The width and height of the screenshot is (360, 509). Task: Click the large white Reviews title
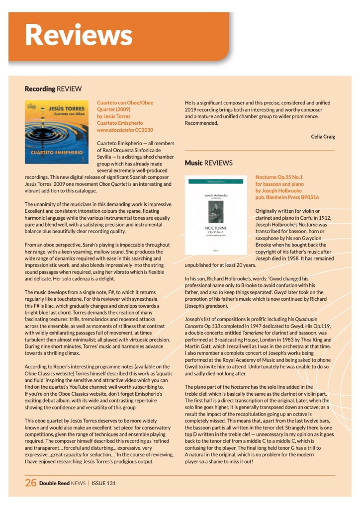tap(79, 34)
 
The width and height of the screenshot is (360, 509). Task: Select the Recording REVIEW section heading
tap(53, 89)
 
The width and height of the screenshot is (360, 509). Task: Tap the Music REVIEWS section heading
tap(208, 163)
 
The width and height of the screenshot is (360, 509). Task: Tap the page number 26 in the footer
tap(30, 482)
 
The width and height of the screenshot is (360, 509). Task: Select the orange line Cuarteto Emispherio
tap(120, 123)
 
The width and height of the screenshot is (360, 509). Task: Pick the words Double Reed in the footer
tap(55, 483)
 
